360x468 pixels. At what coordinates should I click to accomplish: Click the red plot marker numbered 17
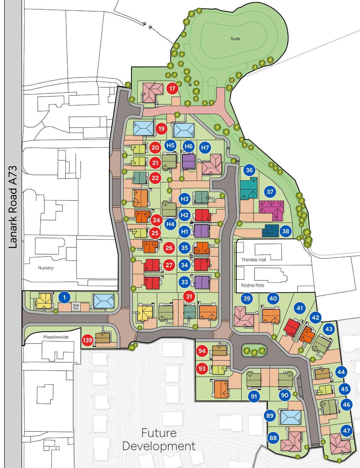172,89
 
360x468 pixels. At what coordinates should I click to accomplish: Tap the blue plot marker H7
205,148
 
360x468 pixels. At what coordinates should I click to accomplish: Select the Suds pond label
235,39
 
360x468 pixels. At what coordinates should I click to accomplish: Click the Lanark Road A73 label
13,207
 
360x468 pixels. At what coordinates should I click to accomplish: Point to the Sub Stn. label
76,306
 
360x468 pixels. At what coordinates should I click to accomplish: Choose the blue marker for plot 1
64,297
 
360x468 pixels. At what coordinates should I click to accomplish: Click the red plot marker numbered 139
87,340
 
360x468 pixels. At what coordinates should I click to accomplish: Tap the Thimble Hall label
254,260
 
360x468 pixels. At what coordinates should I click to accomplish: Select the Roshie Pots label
253,285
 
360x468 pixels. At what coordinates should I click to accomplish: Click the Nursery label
46,268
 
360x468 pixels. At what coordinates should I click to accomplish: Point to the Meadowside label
56,337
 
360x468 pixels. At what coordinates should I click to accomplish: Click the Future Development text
159,440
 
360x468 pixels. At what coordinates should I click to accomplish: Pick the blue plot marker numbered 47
346,431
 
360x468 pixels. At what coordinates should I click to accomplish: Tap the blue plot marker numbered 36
249,170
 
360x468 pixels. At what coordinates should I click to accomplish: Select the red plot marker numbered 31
189,297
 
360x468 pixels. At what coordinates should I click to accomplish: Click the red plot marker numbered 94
202,351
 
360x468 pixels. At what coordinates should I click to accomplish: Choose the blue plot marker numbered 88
273,438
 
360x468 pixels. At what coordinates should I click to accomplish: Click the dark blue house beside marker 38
271,231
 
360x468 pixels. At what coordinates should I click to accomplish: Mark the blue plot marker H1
184,231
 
